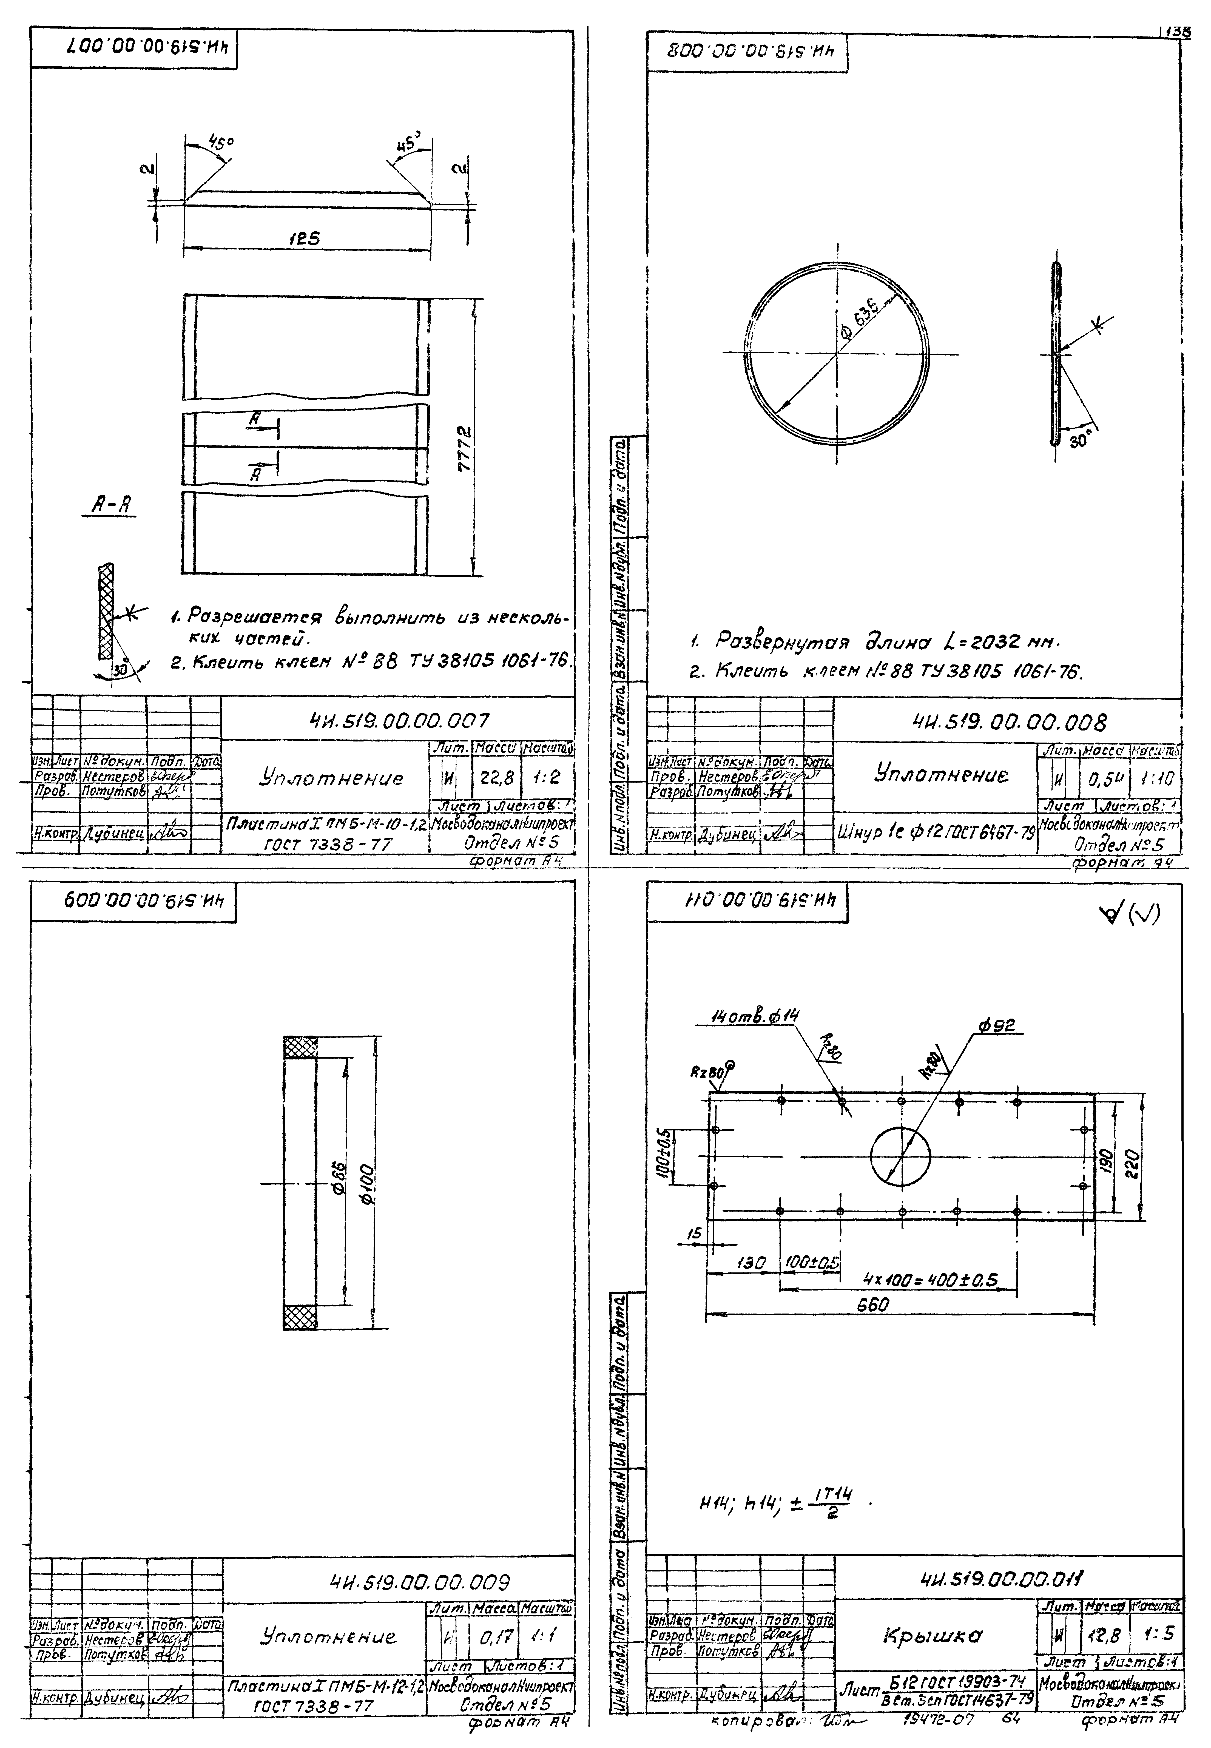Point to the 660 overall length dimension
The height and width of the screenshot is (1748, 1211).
872,1305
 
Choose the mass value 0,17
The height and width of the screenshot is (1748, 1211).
496,1637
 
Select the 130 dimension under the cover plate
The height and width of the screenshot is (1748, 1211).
751,1263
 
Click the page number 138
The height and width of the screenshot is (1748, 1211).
1176,32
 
